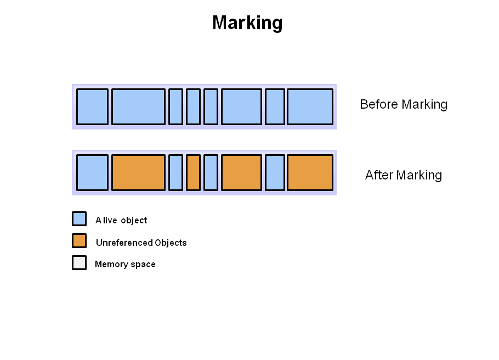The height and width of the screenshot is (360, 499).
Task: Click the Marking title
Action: click(x=247, y=23)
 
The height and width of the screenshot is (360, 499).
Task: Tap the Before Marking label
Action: click(x=404, y=104)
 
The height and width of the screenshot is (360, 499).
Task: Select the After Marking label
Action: click(x=404, y=175)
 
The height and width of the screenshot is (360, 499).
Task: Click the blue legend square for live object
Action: click(x=79, y=219)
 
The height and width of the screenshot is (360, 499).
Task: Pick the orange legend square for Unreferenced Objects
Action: click(x=79, y=241)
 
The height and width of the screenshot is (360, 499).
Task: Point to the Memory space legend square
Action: click(x=79, y=263)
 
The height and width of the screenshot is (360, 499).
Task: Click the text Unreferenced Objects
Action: click(x=141, y=243)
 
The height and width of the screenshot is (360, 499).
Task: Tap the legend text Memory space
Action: click(x=125, y=264)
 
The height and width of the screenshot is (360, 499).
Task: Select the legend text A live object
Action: click(x=121, y=220)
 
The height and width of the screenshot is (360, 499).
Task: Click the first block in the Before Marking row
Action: click(x=92, y=106)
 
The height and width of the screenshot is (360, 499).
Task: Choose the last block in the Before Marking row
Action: click(x=310, y=106)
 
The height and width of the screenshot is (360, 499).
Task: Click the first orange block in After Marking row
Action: click(x=138, y=172)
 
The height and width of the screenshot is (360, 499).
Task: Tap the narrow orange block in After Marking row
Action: click(x=193, y=172)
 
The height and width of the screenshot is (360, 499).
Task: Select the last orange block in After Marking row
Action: click(x=310, y=172)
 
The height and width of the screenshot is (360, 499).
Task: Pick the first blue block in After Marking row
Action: click(x=92, y=172)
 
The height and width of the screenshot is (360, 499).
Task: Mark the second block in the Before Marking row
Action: click(x=138, y=106)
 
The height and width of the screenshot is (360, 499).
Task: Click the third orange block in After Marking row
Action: click(x=241, y=172)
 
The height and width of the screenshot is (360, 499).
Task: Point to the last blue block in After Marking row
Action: click(x=275, y=172)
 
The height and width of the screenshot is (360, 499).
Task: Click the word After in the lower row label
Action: click(x=379, y=175)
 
